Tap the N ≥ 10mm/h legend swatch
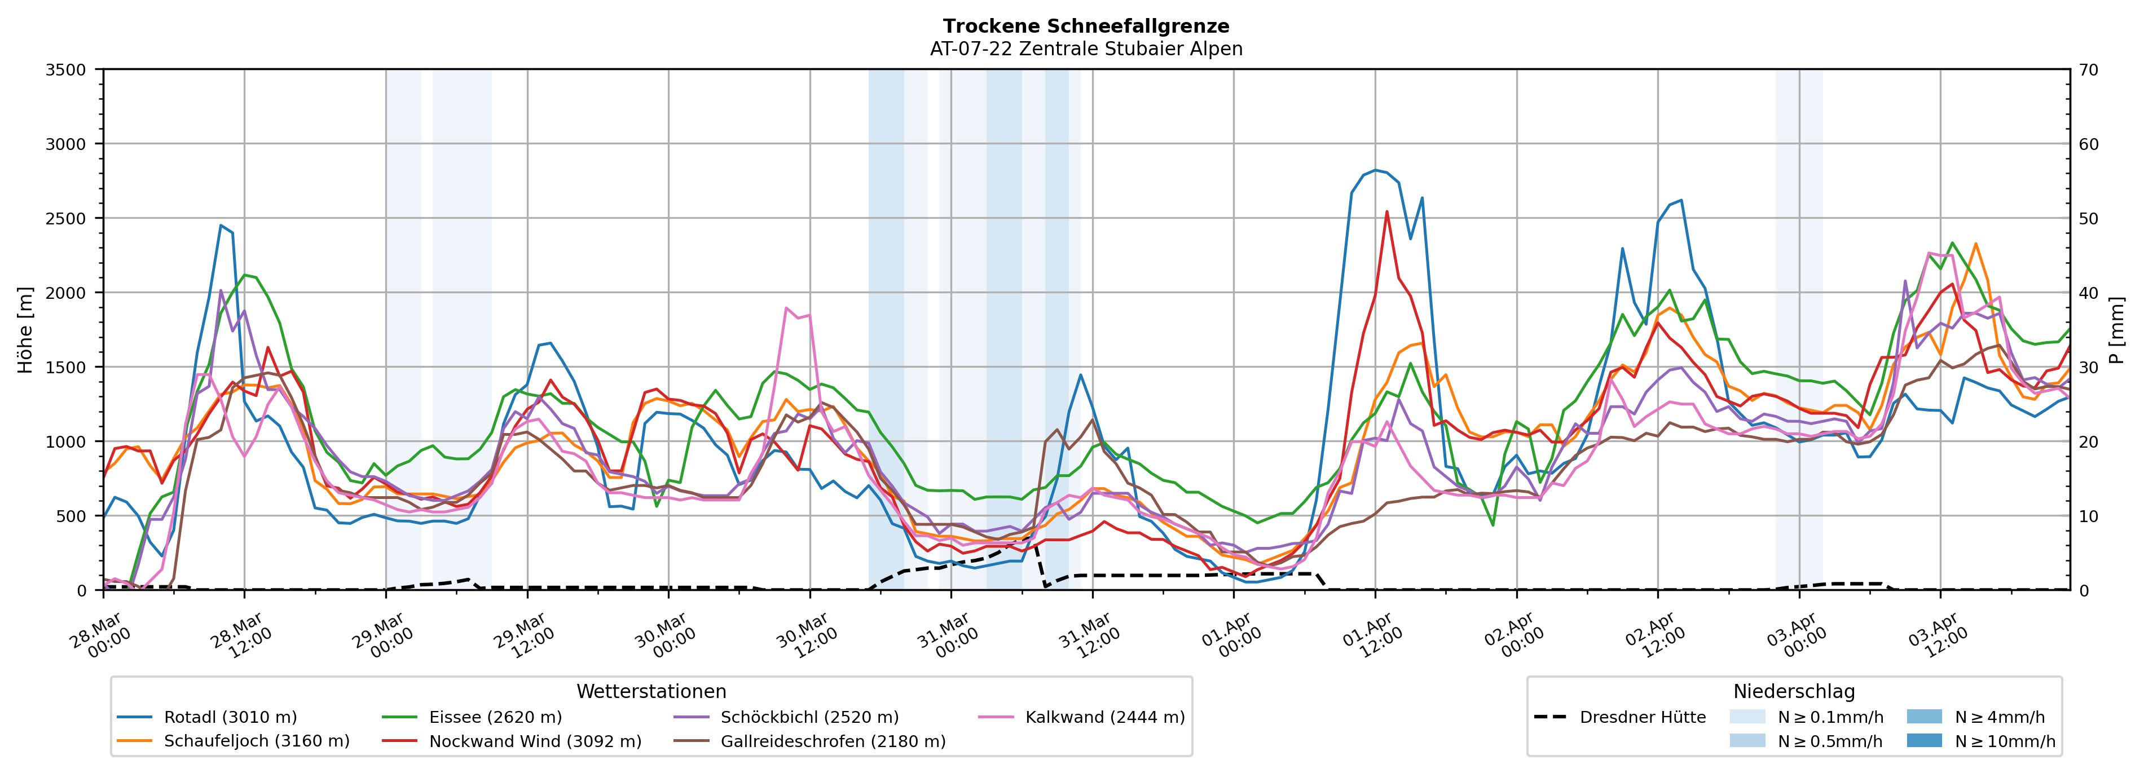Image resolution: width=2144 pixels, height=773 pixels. [x=1923, y=740]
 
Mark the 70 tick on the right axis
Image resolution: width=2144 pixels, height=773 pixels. [x=2088, y=70]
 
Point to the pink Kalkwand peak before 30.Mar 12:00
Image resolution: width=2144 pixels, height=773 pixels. [x=786, y=308]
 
